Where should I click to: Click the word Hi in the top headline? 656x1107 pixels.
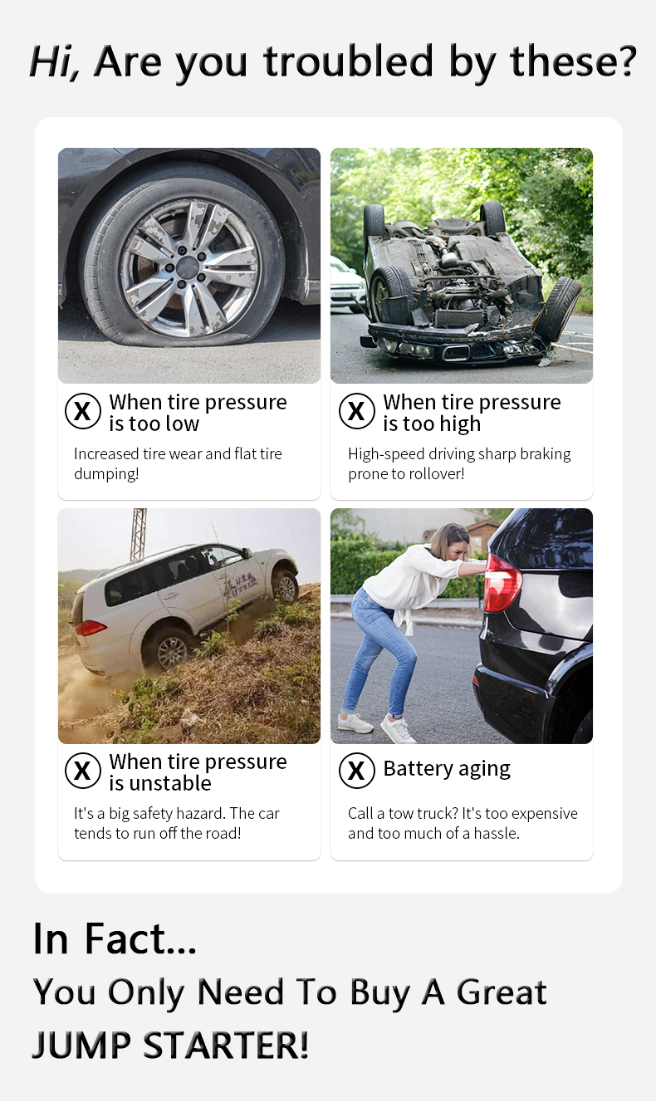point(53,61)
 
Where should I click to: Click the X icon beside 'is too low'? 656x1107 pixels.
point(83,411)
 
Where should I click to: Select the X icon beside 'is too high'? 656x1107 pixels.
point(357,411)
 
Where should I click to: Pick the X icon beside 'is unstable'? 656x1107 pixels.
point(83,771)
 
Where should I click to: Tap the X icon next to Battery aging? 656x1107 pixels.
point(357,771)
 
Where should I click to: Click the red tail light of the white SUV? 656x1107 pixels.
point(90,628)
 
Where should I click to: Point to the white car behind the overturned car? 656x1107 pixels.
point(347,286)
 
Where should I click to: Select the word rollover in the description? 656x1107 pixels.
point(433,474)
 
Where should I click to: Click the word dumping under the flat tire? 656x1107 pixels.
point(106,474)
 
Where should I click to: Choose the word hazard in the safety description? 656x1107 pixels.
point(201,814)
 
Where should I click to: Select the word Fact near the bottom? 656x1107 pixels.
point(141,938)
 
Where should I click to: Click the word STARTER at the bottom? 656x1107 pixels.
point(226,1046)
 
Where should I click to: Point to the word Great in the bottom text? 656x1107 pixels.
point(502,992)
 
